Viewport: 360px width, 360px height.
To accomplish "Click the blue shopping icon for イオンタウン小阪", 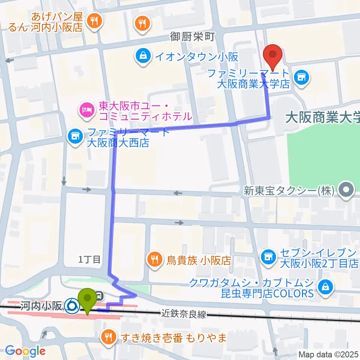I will [143, 57].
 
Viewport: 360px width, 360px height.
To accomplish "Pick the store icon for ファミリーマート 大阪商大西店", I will [75, 136].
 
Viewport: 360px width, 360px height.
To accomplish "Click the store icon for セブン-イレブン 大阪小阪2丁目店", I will [268, 257].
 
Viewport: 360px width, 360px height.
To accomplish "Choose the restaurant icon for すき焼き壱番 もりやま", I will [109, 336].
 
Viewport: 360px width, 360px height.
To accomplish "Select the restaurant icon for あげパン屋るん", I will [93, 21].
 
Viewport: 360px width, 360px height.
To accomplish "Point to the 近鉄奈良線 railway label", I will [184, 314].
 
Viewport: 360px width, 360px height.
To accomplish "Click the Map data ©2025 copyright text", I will [328, 354].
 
